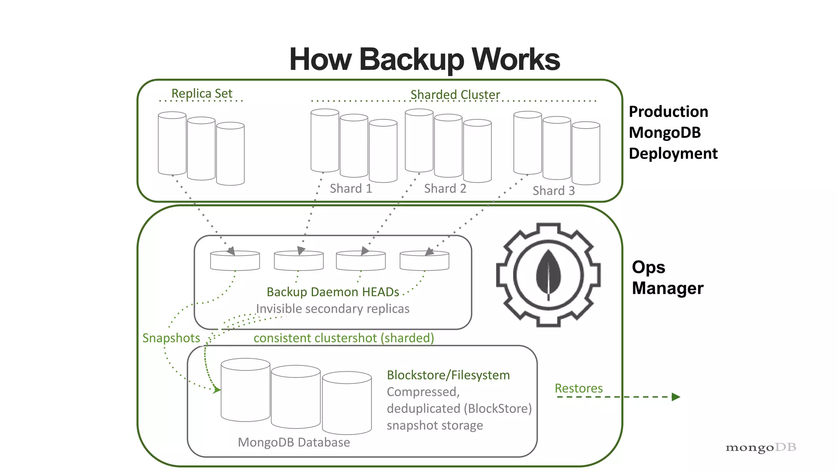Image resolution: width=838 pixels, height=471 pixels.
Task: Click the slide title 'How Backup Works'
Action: point(424,60)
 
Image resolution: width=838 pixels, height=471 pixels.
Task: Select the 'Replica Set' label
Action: point(202,94)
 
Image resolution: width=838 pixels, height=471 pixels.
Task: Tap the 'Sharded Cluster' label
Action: point(455,94)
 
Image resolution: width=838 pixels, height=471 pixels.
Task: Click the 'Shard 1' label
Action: point(351,188)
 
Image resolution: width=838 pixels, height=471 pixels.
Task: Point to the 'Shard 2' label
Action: point(445,188)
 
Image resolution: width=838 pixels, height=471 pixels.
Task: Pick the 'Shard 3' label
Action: point(554,191)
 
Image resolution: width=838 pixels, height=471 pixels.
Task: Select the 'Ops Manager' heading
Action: point(667,278)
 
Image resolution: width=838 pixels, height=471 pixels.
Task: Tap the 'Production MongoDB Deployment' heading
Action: point(673,132)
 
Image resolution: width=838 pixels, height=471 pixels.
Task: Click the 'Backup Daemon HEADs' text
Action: point(333,292)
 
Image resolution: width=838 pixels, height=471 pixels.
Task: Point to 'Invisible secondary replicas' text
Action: point(333,309)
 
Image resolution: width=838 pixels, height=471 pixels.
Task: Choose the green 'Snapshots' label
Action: point(171,338)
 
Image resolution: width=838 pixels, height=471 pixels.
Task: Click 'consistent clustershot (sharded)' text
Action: point(344,338)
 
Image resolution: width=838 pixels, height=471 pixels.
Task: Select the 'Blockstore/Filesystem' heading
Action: point(448,375)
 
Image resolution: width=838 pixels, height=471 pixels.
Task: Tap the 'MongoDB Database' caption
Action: point(294,442)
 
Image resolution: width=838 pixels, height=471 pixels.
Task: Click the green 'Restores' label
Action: point(579,388)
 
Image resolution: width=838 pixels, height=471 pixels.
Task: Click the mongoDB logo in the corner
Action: point(761,448)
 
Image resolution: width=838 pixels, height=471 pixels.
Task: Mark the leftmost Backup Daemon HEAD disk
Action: point(235,260)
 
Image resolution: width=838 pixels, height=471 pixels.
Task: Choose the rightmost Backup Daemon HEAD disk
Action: point(424,260)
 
